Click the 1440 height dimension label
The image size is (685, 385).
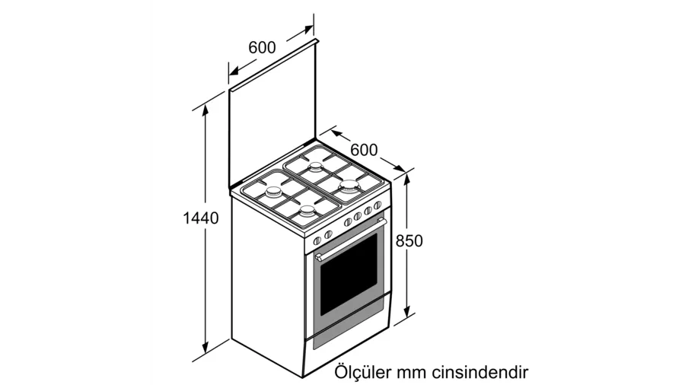[x=200, y=218]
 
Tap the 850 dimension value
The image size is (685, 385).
[x=409, y=241]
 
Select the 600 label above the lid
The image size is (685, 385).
[x=262, y=47]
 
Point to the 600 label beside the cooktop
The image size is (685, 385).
[x=364, y=150]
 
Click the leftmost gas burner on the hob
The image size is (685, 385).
[x=274, y=192]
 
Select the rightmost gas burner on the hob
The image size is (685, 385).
[x=350, y=187]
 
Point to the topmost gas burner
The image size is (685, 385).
[x=315, y=167]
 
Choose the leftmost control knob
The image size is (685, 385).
[x=317, y=240]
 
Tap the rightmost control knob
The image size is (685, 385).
[x=378, y=205]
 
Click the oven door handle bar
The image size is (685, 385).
[x=352, y=240]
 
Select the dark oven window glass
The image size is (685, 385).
[x=349, y=275]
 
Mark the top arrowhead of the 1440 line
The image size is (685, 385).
[x=205, y=110]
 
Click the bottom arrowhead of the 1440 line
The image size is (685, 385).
[x=205, y=348]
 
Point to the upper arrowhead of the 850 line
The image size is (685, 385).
[x=407, y=179]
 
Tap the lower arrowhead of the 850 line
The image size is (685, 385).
[x=407, y=311]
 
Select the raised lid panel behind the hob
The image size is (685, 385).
[x=272, y=116]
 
